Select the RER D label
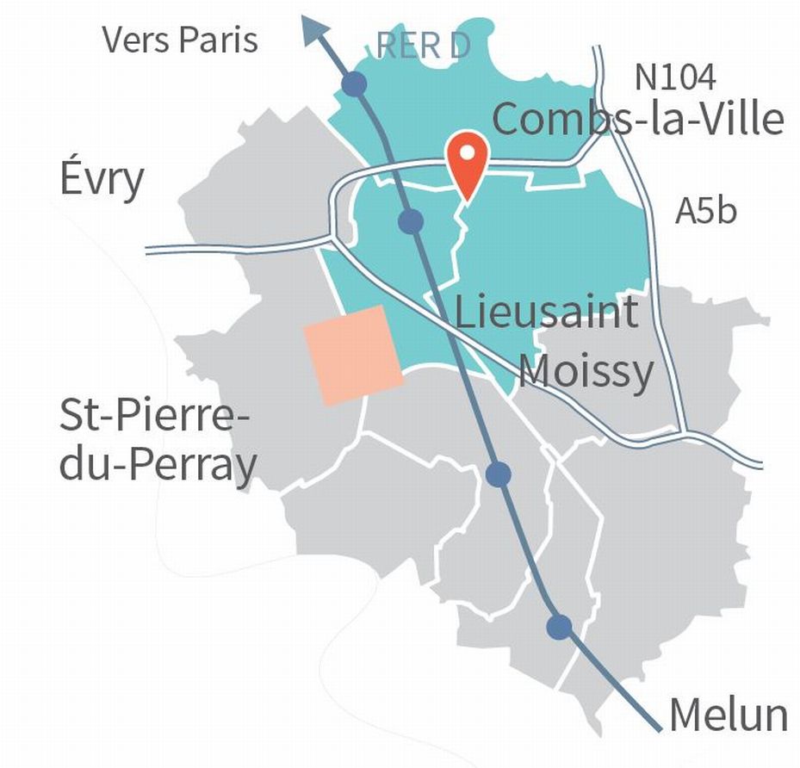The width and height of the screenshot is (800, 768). click(424, 46)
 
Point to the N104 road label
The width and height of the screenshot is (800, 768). click(674, 77)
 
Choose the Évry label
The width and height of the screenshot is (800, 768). click(102, 182)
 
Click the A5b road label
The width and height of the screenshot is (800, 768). click(706, 211)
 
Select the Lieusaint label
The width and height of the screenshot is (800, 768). click(546, 312)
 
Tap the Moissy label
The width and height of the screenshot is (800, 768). click(586, 372)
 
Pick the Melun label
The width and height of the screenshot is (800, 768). click(728, 715)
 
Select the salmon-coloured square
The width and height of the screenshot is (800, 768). click(353, 355)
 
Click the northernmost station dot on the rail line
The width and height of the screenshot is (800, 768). click(354, 84)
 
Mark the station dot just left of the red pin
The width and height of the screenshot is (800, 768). click(412, 221)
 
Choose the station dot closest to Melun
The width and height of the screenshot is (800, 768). click(560, 627)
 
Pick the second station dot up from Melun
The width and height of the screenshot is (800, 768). click(499, 474)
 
